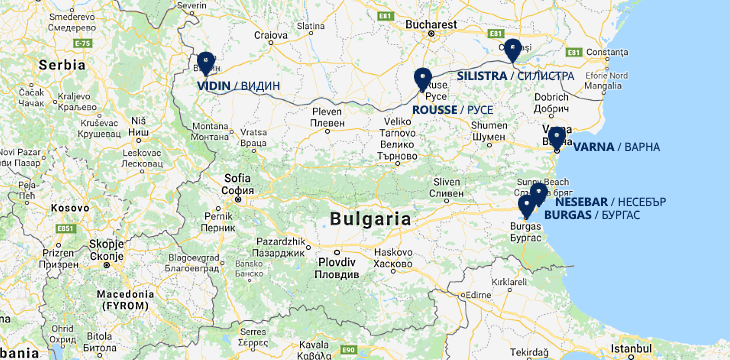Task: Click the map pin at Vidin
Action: (x=206, y=63)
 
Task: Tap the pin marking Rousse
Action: (x=422, y=79)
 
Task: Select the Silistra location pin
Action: (x=513, y=50)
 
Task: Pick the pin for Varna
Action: (x=556, y=137)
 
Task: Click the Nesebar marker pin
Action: (x=538, y=194)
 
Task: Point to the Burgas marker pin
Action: (x=526, y=207)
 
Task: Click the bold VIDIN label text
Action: (x=213, y=86)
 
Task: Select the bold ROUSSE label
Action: (x=435, y=109)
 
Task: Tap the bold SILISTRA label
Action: (x=481, y=76)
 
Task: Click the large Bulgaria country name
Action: (x=370, y=218)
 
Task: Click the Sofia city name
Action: (x=237, y=178)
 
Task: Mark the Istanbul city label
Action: (x=630, y=348)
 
